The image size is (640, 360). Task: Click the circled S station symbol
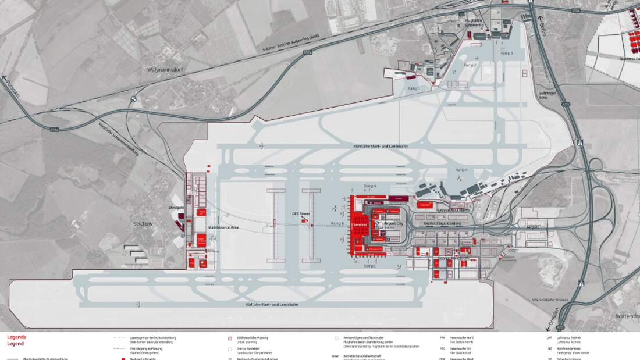point(134,99)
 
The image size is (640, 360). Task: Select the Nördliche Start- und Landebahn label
point(381,146)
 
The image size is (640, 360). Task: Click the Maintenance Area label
point(223,227)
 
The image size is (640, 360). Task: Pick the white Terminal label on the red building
point(361,224)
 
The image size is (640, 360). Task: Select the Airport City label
point(393,223)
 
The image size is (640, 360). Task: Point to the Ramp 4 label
point(462,169)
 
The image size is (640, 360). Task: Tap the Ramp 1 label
point(413,88)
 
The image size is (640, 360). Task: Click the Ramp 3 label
point(507,53)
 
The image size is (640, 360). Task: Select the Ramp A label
point(370,186)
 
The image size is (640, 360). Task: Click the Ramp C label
point(370,265)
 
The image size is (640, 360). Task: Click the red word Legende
point(16,337)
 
